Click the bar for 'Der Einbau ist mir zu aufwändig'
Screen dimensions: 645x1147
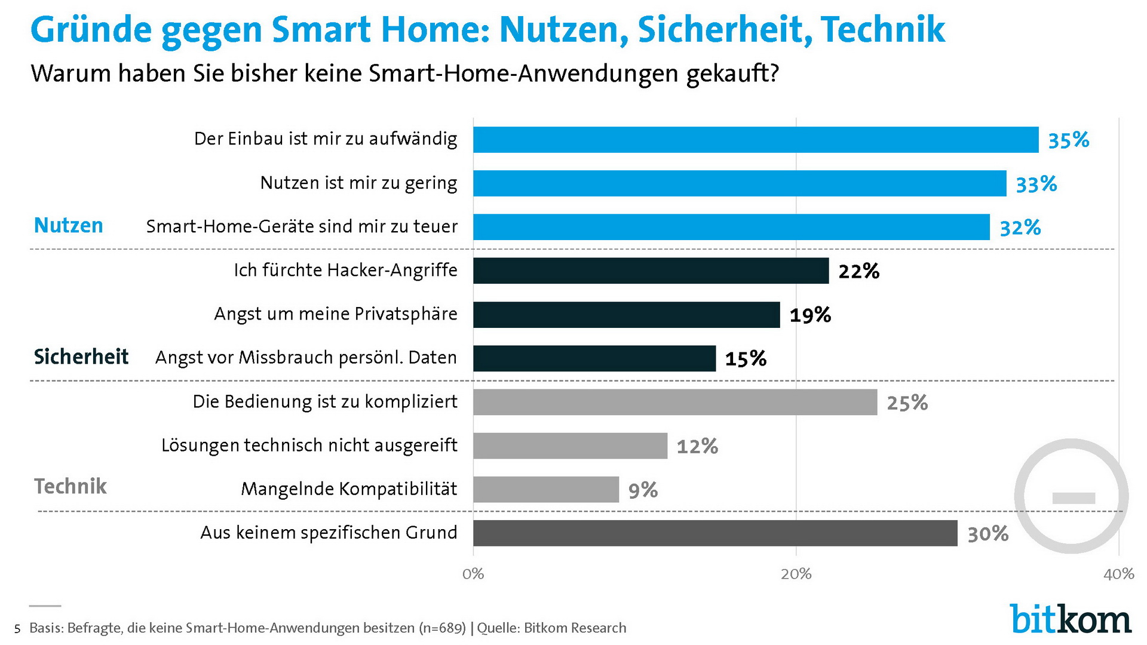756,140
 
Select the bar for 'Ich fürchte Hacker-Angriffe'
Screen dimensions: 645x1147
651,271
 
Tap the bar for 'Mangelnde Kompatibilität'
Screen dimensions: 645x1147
545,489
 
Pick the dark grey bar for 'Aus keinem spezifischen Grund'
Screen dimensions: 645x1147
715,533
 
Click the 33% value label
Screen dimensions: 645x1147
1036,184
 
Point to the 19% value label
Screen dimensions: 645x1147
810,315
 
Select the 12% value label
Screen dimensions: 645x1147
697,446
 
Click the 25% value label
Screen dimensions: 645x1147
907,403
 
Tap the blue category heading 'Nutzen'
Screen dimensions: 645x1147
68,226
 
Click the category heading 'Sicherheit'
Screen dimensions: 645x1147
81,357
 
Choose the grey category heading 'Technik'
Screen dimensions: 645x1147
70,486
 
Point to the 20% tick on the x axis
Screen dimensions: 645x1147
796,575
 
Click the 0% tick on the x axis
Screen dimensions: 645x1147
473,575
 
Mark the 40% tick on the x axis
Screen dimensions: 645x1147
1118,575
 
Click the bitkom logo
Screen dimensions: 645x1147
1070,619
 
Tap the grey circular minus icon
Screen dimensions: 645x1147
1072,496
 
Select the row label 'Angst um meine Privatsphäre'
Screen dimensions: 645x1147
336,314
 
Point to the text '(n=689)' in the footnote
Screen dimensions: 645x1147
442,628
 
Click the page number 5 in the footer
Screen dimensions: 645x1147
17,629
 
